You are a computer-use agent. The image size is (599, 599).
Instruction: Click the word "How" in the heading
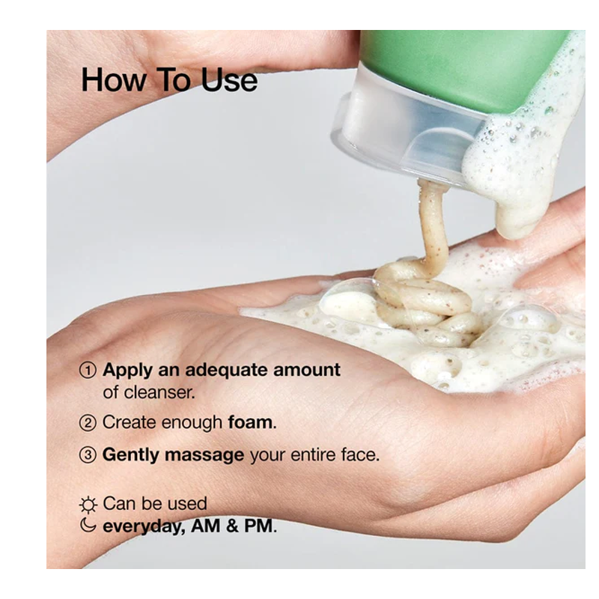tap(114, 80)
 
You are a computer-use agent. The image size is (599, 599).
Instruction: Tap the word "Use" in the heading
tap(229, 80)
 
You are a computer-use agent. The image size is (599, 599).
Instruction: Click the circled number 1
tap(88, 370)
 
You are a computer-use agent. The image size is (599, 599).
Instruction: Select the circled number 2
tap(88, 423)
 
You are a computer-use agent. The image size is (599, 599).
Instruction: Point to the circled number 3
tap(88, 455)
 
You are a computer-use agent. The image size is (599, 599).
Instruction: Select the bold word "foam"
tap(250, 422)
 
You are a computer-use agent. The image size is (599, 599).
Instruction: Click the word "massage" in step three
tap(204, 455)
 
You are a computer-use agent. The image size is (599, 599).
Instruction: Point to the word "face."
tap(360, 454)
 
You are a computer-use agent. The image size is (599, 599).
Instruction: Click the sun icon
tap(88, 505)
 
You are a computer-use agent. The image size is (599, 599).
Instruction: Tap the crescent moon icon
tap(88, 525)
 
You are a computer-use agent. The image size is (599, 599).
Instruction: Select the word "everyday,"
tap(145, 526)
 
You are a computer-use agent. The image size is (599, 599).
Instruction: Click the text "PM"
tap(258, 526)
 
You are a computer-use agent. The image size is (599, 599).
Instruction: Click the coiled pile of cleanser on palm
tap(426, 305)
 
